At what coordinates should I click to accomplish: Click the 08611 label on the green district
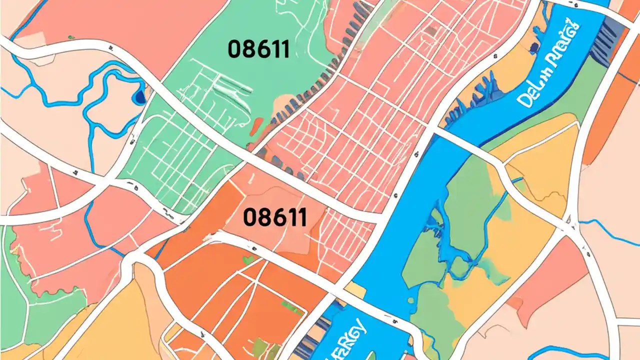point(258,49)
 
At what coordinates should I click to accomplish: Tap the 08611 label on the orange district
point(274,217)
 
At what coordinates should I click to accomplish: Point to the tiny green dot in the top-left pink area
point(71,37)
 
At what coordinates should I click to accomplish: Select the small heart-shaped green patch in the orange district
point(246,259)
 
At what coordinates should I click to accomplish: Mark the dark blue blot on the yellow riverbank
point(534,47)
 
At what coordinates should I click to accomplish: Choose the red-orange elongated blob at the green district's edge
point(256,125)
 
